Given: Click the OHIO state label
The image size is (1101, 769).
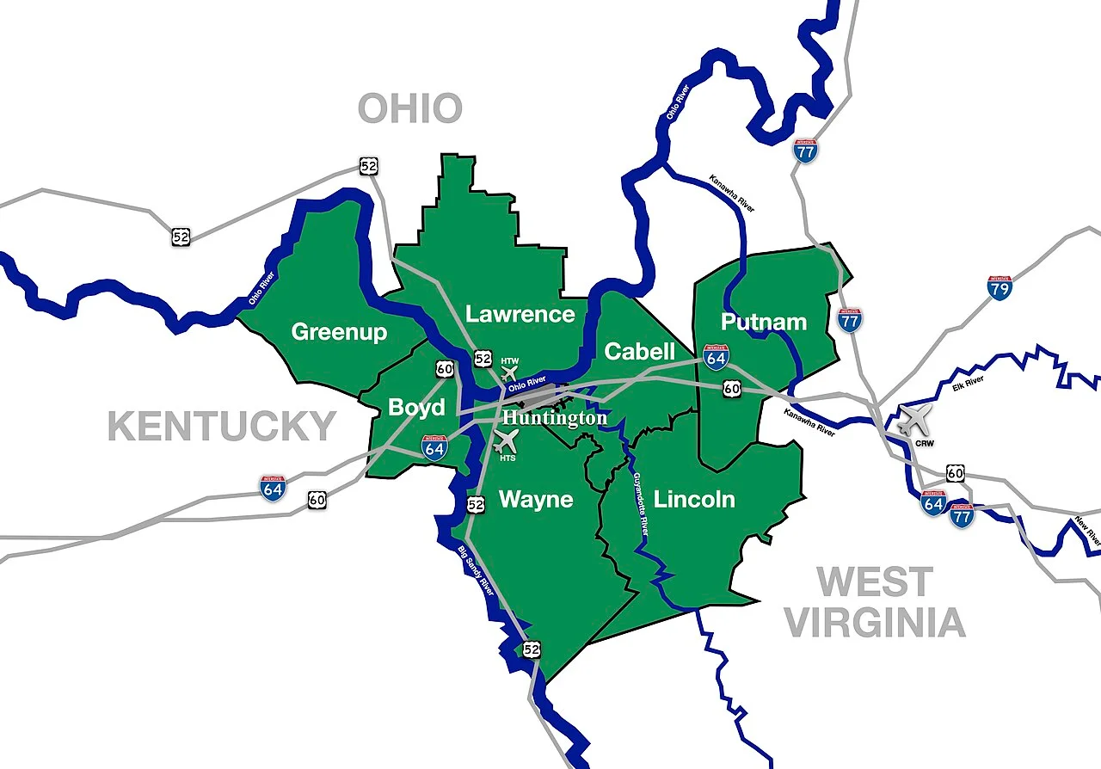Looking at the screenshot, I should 410,109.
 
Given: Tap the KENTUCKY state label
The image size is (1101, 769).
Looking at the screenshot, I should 222,427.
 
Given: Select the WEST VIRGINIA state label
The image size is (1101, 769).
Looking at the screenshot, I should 875,602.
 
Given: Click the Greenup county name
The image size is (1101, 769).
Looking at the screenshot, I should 339,332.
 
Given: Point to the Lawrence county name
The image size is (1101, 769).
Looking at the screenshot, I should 520,314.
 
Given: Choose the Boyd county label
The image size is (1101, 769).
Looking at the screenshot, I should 416,407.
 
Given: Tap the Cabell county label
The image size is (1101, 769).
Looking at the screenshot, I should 639,351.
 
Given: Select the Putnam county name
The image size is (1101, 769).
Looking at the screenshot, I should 764,323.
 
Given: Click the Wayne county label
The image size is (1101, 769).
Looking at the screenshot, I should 536,500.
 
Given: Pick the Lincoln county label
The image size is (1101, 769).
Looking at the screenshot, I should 694,500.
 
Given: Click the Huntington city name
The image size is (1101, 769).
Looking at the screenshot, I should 555,418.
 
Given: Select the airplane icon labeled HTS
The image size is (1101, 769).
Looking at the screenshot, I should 507,440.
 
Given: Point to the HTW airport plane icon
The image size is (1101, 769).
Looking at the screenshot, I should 509,373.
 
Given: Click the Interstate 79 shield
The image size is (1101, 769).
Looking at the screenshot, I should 999,286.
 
